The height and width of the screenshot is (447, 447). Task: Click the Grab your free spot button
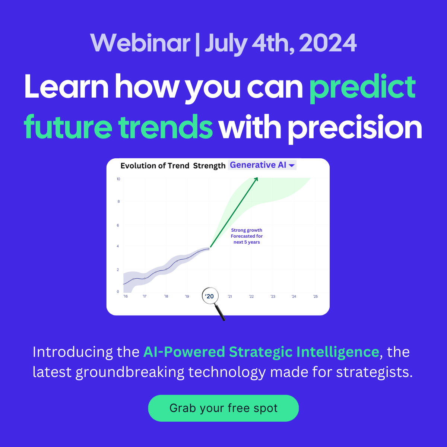point(223,408)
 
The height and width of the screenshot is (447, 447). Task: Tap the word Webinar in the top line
point(140,43)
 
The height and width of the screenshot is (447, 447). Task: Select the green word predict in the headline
point(362,87)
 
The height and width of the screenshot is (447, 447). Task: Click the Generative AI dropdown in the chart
point(262,165)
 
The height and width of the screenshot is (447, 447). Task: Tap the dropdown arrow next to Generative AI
point(292,165)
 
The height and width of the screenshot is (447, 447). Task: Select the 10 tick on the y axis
point(118,179)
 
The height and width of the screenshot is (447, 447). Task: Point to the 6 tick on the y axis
point(118,225)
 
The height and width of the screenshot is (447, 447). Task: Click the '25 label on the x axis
point(316,297)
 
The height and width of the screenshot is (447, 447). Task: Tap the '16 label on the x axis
point(126,297)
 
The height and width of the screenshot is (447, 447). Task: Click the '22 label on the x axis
point(251,297)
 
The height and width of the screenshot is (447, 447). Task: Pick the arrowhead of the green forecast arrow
point(256,179)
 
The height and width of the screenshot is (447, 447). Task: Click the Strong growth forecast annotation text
point(247,236)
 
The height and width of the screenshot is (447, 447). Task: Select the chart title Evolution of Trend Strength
point(173,166)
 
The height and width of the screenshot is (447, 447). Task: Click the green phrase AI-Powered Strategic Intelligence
point(261,352)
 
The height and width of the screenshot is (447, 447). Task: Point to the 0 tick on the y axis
point(118,292)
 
